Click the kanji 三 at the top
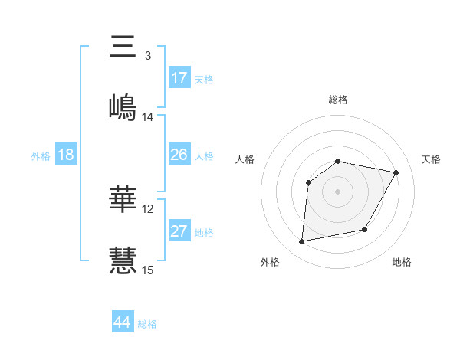(123, 47)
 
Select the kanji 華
(123, 200)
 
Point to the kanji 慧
(123, 260)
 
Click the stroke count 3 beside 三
(147, 56)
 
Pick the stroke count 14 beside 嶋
(148, 117)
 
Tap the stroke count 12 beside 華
(148, 209)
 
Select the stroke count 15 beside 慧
(148, 270)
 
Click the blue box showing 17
(179, 78)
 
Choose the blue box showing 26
(179, 155)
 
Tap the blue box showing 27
(179, 231)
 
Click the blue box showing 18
(66, 155)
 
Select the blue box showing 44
(123, 322)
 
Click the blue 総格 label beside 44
(147, 324)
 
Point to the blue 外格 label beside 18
(41, 156)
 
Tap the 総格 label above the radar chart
(338, 100)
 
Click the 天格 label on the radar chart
(431, 159)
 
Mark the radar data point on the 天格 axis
(396, 173)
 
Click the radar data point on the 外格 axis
(302, 242)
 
